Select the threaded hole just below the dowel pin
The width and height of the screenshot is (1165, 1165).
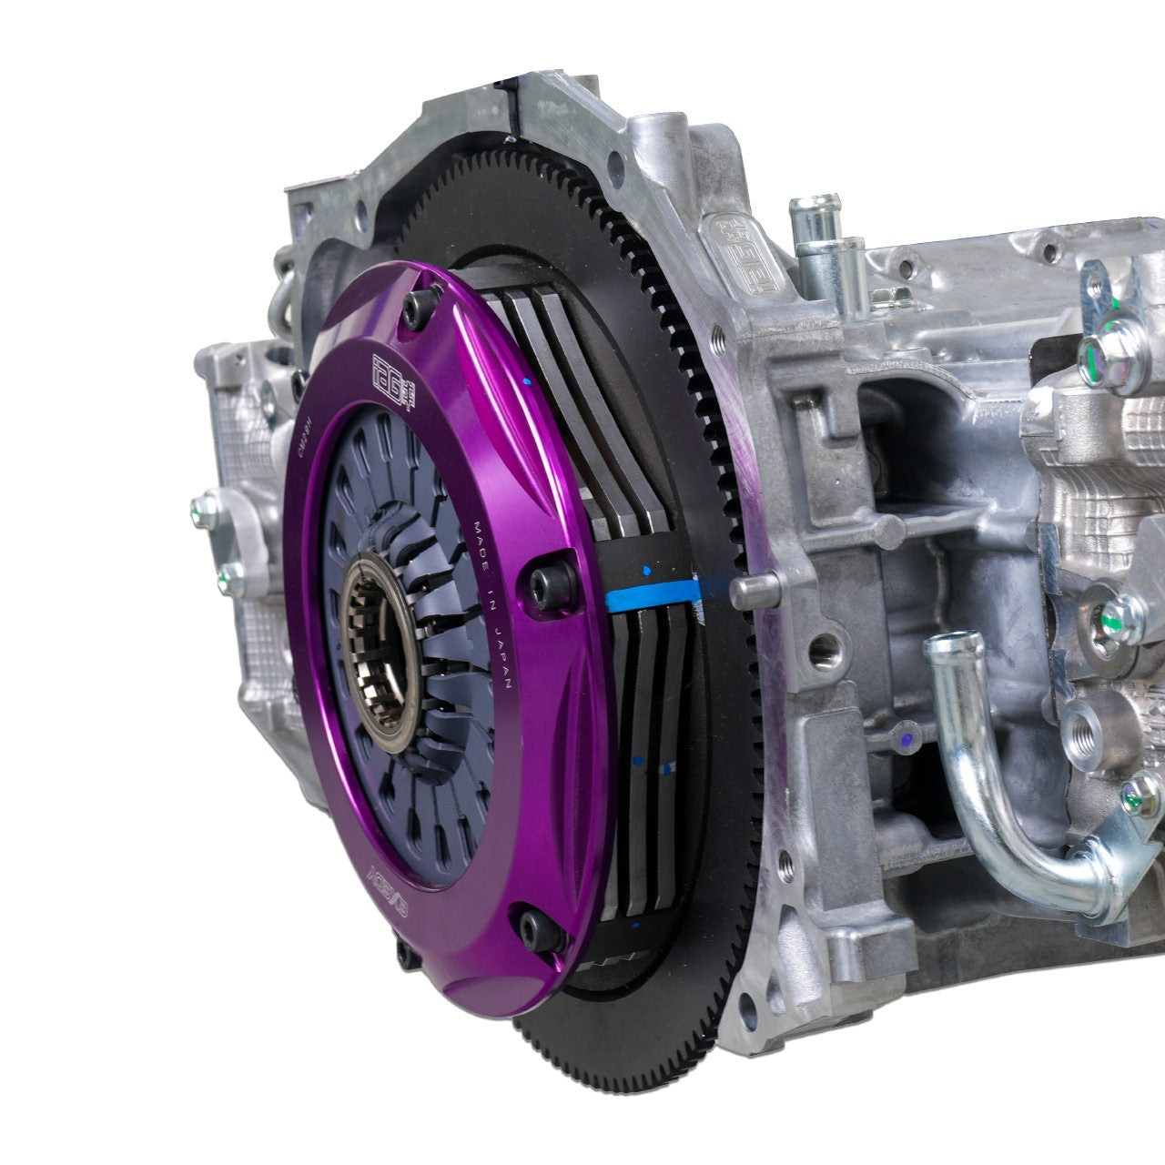[826, 649]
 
